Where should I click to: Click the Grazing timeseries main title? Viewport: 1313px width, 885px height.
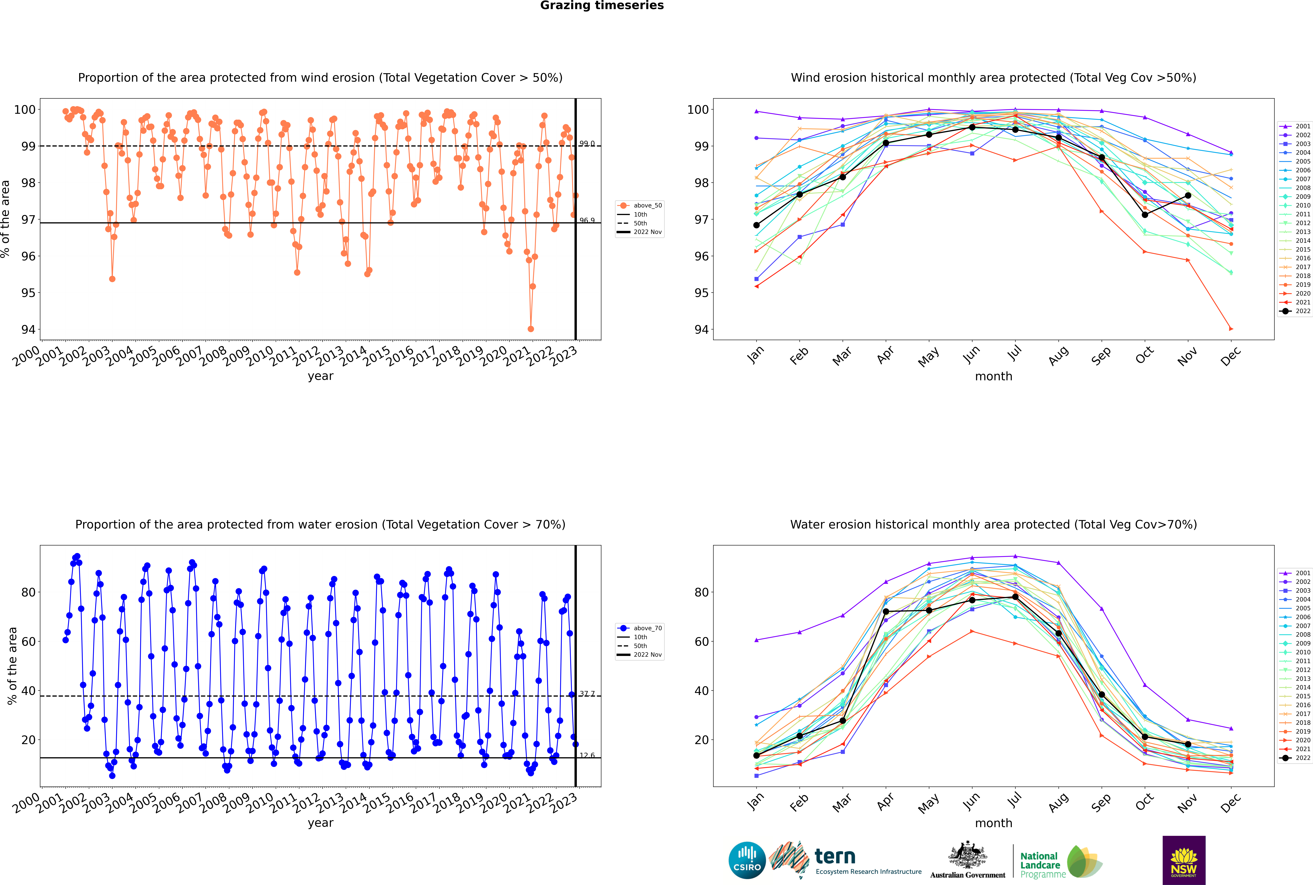(602, 6)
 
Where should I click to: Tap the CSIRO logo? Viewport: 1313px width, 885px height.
(747, 860)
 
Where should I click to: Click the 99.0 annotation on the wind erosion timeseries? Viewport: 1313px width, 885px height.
(587, 144)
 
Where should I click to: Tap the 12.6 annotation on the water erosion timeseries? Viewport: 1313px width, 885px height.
(587, 755)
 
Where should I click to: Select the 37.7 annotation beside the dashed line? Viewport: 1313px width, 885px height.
(587, 694)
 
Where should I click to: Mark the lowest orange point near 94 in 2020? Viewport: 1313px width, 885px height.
(531, 329)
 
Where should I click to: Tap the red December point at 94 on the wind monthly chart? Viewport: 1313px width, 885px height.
(1231, 329)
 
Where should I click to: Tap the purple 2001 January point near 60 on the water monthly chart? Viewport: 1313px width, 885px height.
(756, 640)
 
